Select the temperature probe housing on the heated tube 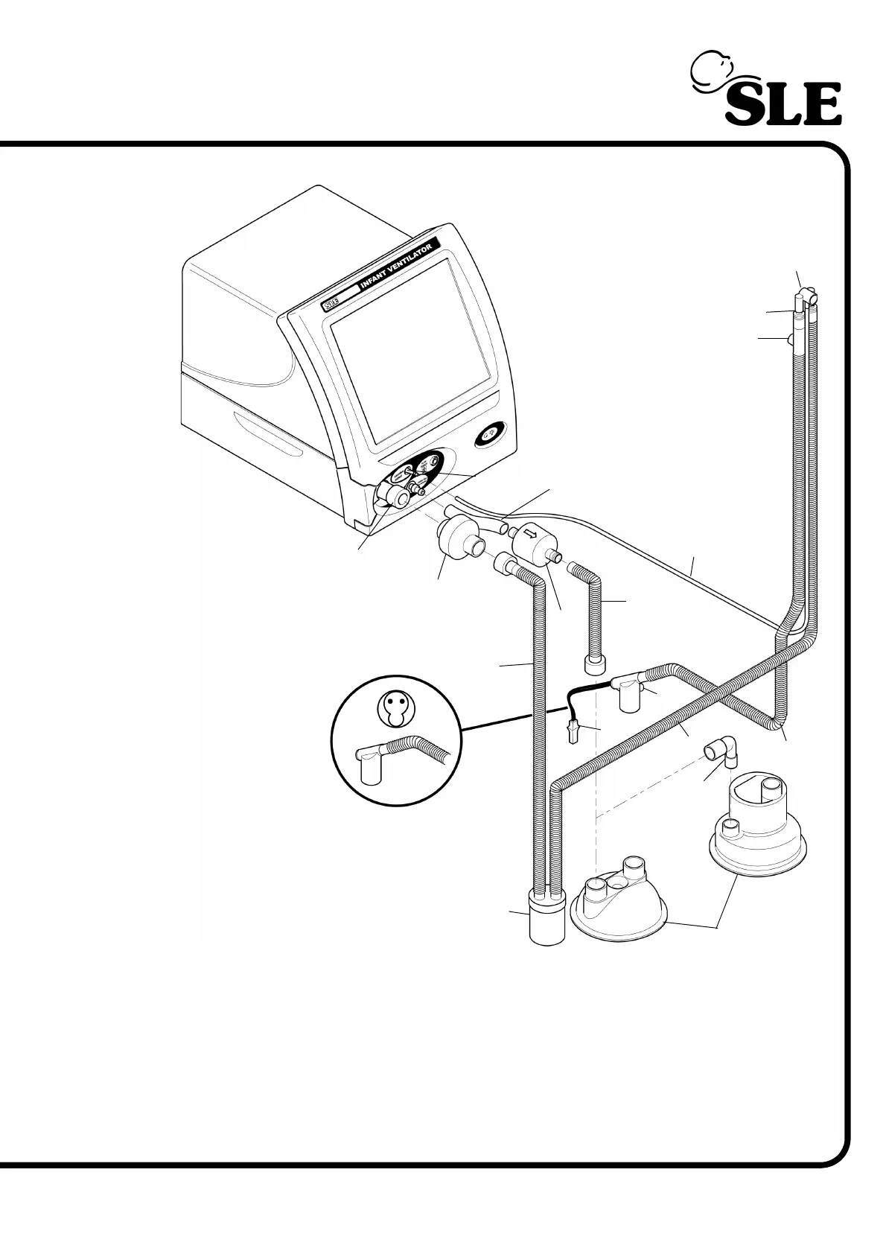[x=625, y=692]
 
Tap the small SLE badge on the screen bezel [x=331, y=305]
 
